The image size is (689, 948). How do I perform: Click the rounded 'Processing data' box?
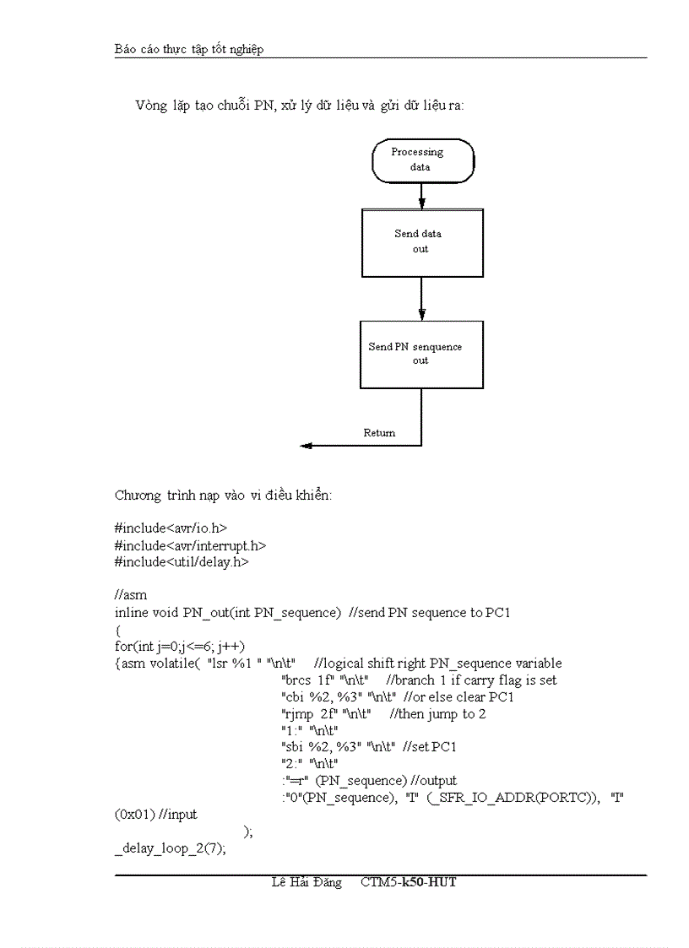pos(422,160)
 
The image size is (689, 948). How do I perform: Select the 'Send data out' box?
pos(422,242)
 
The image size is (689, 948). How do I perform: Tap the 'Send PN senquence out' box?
pos(421,354)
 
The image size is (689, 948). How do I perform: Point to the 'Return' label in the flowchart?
pos(379,433)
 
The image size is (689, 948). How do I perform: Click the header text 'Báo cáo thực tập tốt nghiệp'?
pos(189,49)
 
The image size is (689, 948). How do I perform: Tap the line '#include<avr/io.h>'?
pos(171,528)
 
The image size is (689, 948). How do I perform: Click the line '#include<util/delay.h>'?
pos(182,561)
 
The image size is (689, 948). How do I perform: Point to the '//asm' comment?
pos(131,595)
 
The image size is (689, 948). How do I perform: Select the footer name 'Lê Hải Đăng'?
pos(307,882)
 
